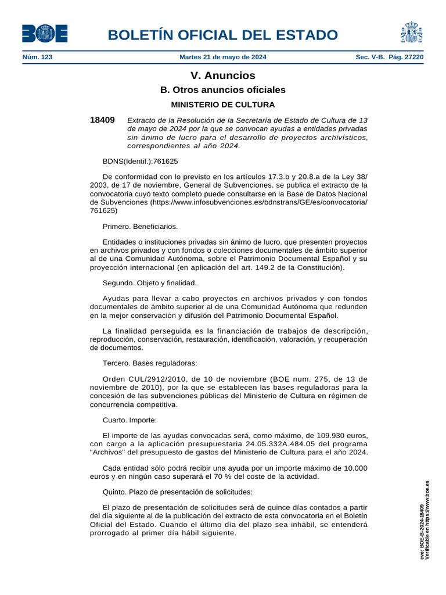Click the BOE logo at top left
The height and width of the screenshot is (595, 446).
[x=45, y=33]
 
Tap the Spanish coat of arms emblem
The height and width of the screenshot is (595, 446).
[x=411, y=33]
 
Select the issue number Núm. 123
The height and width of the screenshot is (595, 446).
[x=37, y=58]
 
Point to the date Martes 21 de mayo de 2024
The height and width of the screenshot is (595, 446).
[x=223, y=58]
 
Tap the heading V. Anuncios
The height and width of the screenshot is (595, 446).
[x=223, y=76]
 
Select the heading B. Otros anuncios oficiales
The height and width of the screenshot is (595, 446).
[x=223, y=90]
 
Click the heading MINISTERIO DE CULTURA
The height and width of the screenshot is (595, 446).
[x=223, y=105]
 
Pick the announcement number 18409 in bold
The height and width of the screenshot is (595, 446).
[x=102, y=120]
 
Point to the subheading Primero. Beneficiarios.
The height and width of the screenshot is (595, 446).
[x=140, y=226]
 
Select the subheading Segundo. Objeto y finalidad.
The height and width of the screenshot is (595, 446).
[x=150, y=283]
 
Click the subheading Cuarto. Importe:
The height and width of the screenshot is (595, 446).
[x=130, y=420]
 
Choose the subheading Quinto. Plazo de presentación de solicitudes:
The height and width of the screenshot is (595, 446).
[x=177, y=492]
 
